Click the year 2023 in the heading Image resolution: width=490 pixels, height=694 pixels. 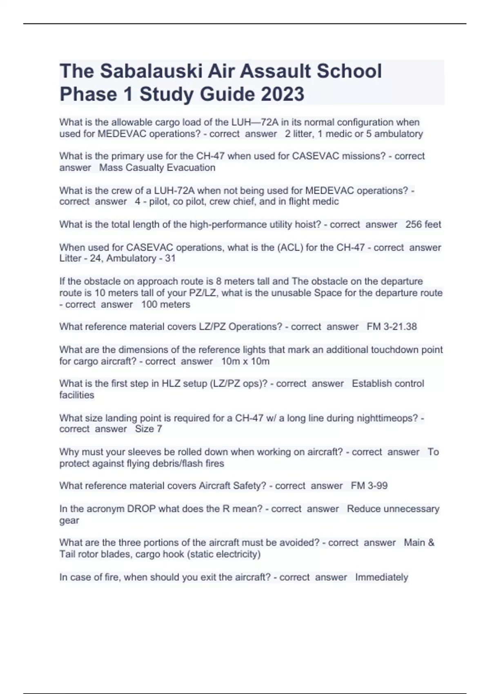point(282,94)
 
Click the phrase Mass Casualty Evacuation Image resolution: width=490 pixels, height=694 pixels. point(157,168)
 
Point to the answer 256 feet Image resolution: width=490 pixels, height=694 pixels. point(423,225)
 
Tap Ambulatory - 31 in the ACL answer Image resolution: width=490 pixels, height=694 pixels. point(141,258)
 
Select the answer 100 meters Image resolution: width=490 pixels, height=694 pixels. point(165,305)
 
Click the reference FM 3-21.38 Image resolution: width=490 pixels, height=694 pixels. point(392,327)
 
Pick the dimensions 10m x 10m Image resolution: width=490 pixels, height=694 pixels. point(245,361)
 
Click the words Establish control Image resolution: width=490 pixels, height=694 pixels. point(388,384)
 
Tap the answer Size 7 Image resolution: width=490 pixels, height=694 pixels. point(149,429)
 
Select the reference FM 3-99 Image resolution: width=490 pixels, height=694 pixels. point(369,486)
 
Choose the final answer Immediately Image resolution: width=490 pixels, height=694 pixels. point(381,577)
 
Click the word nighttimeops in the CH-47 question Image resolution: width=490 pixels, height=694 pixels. point(388,418)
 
